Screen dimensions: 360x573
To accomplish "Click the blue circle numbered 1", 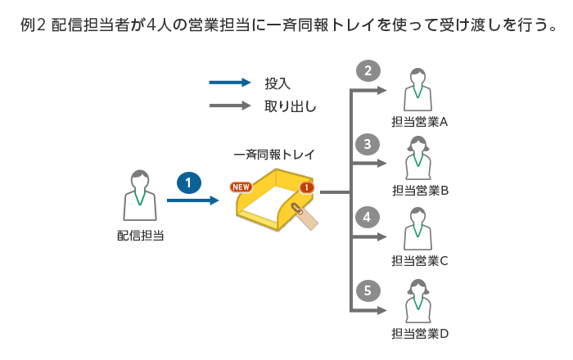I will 188,182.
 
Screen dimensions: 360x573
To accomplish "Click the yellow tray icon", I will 274,201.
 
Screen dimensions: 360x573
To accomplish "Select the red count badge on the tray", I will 306,187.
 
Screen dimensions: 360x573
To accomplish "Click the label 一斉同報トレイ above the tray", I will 274,154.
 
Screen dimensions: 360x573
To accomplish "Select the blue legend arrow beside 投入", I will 230,83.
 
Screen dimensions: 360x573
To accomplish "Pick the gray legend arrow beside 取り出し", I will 230,106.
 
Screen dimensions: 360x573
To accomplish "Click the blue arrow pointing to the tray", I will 193,200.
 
